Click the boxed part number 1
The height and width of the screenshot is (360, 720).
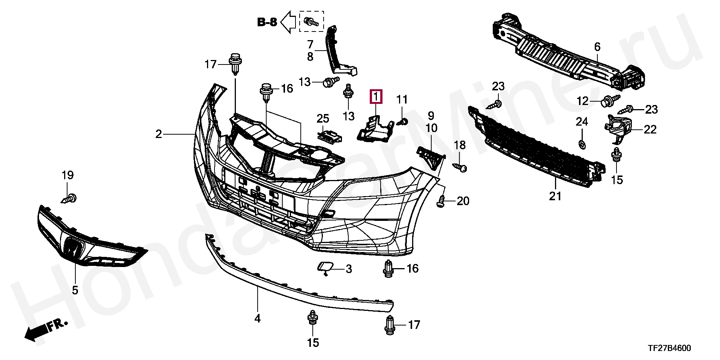(376, 97)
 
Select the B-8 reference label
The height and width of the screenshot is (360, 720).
(267, 22)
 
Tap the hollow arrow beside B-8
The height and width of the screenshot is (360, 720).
(288, 22)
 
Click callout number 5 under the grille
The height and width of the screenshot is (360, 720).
(75, 290)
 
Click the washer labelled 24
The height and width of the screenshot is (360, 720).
(582, 144)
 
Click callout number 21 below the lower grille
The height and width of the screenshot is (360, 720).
(555, 196)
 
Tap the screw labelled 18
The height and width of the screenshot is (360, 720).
(460, 166)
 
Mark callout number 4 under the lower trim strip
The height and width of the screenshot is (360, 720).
(257, 319)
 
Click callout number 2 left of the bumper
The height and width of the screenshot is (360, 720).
(159, 134)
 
